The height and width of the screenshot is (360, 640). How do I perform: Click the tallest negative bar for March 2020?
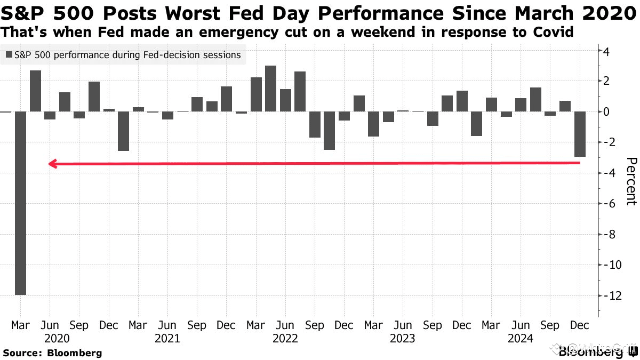(20, 203)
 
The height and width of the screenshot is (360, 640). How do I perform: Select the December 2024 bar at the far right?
(580, 134)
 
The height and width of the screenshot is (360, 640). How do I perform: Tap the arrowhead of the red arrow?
(52, 164)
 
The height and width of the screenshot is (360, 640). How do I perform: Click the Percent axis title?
(630, 181)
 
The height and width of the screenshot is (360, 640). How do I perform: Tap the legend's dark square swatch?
(9, 55)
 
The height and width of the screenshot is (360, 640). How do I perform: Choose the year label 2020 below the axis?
(50, 338)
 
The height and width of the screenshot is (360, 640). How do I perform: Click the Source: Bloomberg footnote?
(52, 353)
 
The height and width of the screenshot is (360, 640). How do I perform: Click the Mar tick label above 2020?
(20, 325)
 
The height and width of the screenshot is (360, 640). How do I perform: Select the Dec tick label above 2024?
(580, 325)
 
